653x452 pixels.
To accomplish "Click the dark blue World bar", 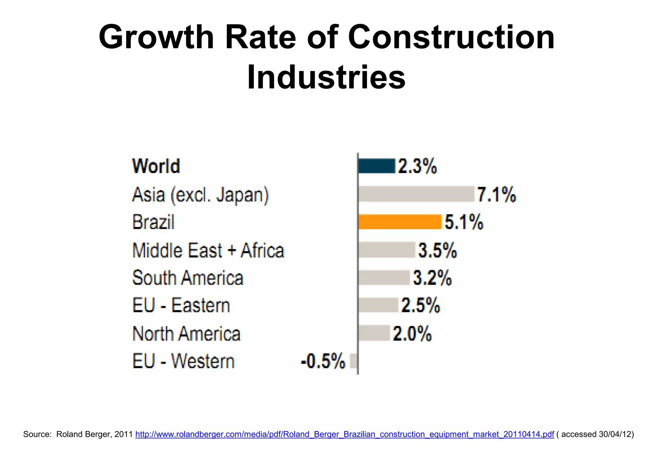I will tap(377, 166).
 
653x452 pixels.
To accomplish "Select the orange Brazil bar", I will tap(400, 222).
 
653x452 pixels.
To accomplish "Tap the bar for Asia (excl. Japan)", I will tap(416, 194).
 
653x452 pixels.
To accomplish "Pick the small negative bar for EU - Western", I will tap(354, 361).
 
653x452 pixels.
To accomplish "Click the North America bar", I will tap(374, 333).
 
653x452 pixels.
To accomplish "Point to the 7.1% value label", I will tap(496, 194).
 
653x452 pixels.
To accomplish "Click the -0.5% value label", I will tap(323, 361).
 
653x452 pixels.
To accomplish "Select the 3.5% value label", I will tap(437, 250).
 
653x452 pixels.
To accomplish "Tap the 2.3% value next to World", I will tap(417, 166).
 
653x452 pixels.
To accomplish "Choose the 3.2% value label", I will tap(432, 278).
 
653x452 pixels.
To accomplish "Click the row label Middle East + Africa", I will tap(208, 250).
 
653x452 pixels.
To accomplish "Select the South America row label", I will tap(188, 278).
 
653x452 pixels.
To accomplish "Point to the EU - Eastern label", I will tap(181, 306).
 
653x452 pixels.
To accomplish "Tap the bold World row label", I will tap(156, 166).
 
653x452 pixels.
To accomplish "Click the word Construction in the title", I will tap(451, 38).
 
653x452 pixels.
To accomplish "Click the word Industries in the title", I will tap(326, 77).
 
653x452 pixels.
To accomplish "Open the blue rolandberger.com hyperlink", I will tap(345, 434).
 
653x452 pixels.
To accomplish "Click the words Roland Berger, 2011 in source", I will tap(94, 434).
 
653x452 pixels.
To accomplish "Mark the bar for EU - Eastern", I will tap(378, 305).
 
